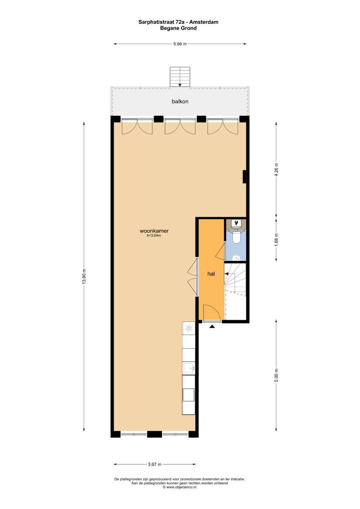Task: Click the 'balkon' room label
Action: click(x=180, y=102)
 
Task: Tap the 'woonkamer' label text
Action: click(x=154, y=231)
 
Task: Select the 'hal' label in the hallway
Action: click(x=211, y=274)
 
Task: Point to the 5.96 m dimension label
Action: click(x=180, y=44)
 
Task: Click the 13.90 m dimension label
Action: click(x=84, y=276)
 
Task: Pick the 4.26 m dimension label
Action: click(x=276, y=170)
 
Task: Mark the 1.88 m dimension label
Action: click(x=276, y=240)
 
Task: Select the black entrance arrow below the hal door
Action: click(x=212, y=327)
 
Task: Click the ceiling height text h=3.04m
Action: click(x=154, y=236)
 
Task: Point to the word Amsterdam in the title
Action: click(x=204, y=22)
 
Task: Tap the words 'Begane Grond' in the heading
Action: click(x=178, y=28)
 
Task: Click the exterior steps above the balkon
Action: click(x=180, y=77)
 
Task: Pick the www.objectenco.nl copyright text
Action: click(x=180, y=487)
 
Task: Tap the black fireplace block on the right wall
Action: click(x=244, y=177)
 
